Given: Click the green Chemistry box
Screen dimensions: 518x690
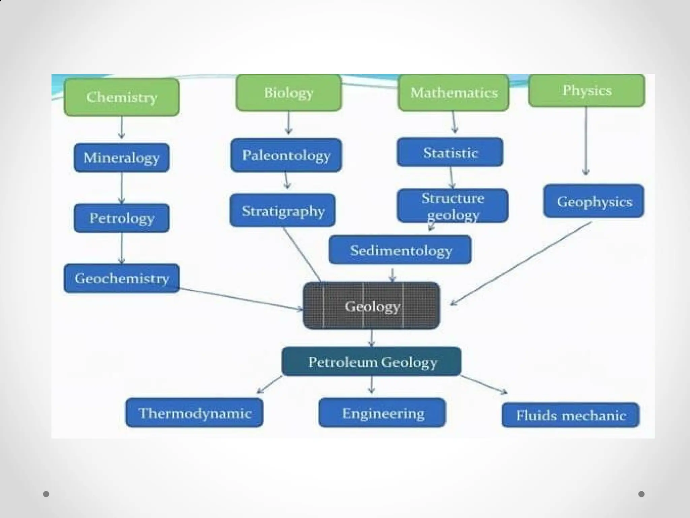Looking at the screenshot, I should coord(121,97).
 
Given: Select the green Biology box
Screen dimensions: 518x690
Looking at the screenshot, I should coord(289,93).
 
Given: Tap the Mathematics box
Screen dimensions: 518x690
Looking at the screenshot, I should coord(453,93).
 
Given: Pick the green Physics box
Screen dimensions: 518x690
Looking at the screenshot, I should coord(587,90).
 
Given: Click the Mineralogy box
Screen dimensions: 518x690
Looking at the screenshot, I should coord(121,157).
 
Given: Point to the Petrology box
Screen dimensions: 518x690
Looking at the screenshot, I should coord(121,218).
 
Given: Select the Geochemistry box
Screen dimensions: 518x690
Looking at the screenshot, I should coord(121,278).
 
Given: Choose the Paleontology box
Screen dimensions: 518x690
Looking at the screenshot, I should coord(286,155).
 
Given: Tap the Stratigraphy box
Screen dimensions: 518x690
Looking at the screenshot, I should coord(283,210).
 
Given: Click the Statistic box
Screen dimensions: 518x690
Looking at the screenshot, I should coord(450,152).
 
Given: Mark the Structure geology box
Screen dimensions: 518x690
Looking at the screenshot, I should coord(452,205).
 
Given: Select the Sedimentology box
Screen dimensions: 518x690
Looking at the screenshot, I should coord(400,250).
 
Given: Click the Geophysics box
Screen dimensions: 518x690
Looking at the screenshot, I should coord(594,201).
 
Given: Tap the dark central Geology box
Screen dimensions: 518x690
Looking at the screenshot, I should coord(371,306).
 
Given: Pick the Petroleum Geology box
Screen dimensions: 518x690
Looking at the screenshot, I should coord(371,362).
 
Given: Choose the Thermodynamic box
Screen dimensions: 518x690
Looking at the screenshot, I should coord(194,412).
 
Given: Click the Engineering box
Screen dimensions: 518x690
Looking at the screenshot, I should coord(382,412).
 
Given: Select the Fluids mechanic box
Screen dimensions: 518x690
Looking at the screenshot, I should coord(570,415).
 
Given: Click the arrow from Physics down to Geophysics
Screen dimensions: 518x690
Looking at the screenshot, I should coord(586,142).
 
